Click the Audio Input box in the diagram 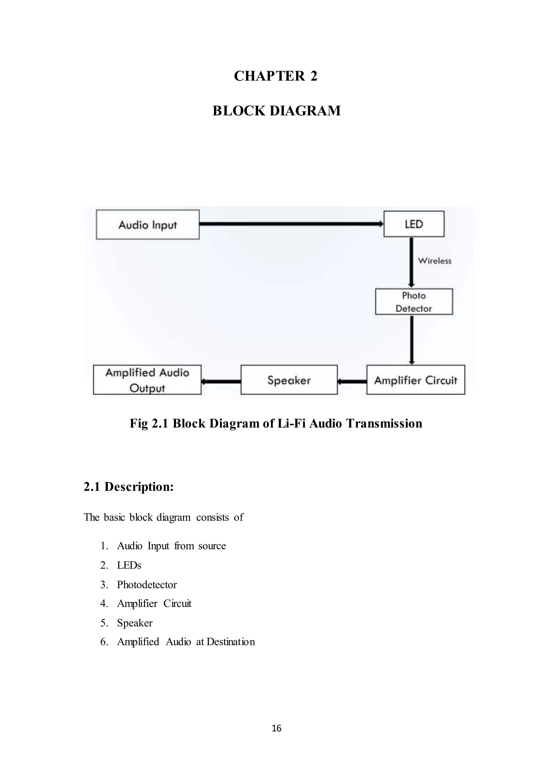click(x=147, y=225)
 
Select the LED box click(x=414, y=224)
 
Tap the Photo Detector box click(x=414, y=302)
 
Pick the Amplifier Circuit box click(x=415, y=380)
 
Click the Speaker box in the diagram click(x=289, y=380)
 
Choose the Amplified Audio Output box click(x=147, y=380)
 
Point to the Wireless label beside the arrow click(x=434, y=261)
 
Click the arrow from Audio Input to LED click(x=291, y=224)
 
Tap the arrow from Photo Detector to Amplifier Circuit click(x=412, y=340)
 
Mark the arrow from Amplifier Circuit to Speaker click(x=352, y=381)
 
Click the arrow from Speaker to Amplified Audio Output click(x=221, y=381)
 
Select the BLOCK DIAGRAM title click(x=276, y=111)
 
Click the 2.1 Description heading click(x=129, y=486)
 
